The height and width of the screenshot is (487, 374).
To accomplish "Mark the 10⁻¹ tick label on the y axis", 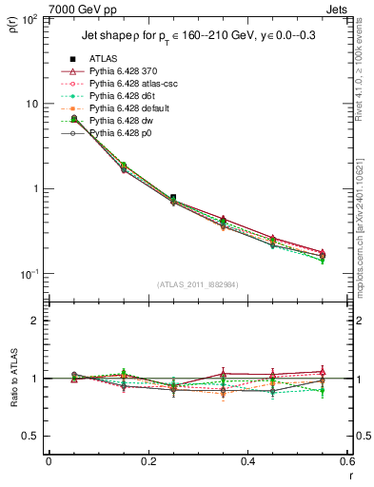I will click(31, 274).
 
